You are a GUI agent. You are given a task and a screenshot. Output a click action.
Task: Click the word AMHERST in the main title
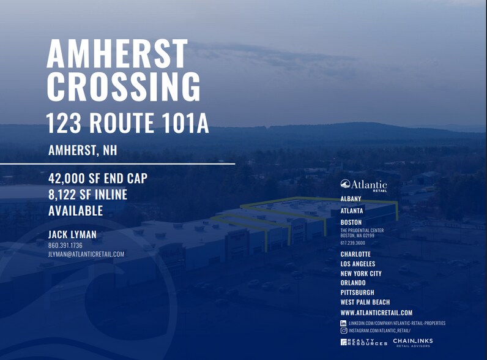117,54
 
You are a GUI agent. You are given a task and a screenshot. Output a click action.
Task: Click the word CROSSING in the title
124,86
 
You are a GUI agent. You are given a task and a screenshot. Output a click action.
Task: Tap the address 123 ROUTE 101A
128,123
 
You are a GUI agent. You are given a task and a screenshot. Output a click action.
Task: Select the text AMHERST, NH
83,150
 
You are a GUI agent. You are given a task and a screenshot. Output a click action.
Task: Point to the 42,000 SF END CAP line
98,179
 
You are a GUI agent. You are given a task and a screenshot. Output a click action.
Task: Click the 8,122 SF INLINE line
87,195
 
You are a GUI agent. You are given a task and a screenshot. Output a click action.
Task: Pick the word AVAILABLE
75,211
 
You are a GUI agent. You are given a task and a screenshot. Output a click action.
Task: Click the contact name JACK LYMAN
72,234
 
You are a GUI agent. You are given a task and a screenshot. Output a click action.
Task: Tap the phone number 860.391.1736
65,245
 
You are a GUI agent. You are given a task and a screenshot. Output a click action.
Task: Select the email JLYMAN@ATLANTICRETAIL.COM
86,254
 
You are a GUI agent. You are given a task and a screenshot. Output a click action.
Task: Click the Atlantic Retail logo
363,185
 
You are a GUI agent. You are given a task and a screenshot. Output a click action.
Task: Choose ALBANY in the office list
351,199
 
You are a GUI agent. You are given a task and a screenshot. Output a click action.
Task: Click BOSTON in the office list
351,222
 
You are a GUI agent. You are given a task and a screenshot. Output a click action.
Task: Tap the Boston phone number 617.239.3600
352,242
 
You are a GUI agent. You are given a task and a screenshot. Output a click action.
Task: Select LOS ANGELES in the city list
358,264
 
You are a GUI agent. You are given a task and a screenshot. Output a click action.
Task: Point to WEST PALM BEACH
365,302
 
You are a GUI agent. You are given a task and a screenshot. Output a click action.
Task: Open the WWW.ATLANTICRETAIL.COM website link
376,313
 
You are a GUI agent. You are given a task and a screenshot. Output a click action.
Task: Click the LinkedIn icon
344,323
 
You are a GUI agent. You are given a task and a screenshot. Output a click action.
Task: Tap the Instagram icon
344,330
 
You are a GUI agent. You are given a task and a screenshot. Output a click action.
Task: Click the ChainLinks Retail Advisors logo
413,342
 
